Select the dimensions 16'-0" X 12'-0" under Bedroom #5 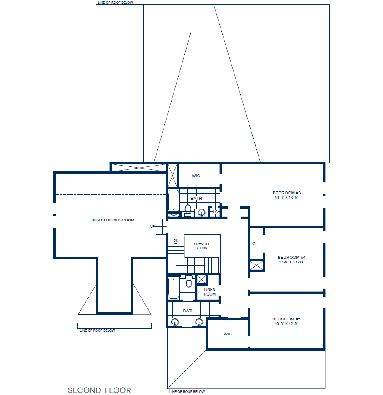coord(286,323)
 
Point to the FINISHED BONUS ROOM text coord(112,220)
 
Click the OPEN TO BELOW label coord(201,246)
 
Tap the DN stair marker coord(176,241)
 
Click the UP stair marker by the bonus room coord(152,226)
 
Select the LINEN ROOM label coord(210,292)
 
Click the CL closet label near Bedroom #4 coord(255,243)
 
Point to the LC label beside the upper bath coord(215,212)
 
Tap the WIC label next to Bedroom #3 coord(196,176)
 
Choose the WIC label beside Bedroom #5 coord(228,334)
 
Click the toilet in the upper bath coord(188,209)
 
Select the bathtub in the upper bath coord(173,201)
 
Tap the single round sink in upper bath coord(202,213)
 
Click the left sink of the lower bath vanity coord(175,321)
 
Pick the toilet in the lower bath coord(189,283)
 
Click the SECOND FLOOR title coord(99,390)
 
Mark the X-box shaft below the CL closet coord(256,265)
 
